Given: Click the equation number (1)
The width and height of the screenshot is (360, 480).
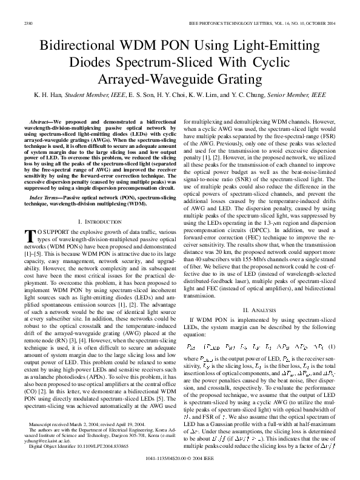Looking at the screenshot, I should point(332,346).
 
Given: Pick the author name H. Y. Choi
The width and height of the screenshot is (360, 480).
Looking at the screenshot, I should point(167,96).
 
